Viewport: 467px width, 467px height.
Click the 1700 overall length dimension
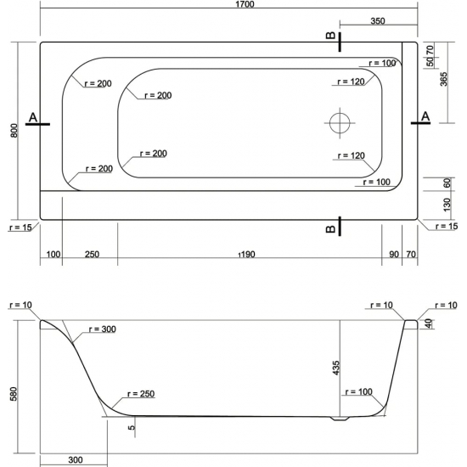pyautogui.click(x=245, y=4)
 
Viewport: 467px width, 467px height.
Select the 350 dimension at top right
pyautogui.click(x=378, y=21)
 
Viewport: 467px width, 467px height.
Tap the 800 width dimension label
pyautogui.click(x=14, y=131)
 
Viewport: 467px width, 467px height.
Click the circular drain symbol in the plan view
pyautogui.click(x=340, y=123)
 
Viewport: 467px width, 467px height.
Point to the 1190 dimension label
pyautogui.click(x=247, y=255)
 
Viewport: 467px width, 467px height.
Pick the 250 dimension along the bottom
pyautogui.click(x=92, y=255)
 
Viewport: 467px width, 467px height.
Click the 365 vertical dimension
pyautogui.click(x=443, y=79)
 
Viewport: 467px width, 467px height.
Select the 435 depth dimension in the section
pyautogui.click(x=335, y=368)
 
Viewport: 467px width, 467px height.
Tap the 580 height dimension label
pyautogui.click(x=14, y=394)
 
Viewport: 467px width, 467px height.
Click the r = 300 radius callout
pyautogui.click(x=103, y=329)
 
